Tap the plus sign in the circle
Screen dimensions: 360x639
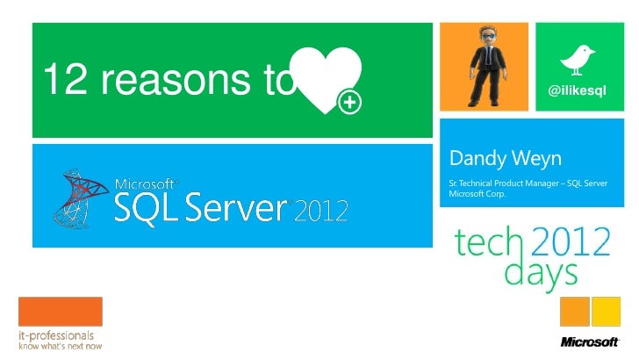pos(350,104)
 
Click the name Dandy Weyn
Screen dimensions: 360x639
pos(505,159)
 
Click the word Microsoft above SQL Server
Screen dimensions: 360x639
pos(147,184)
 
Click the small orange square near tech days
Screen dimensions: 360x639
pos(574,311)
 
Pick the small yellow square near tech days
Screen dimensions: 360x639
pos(606,311)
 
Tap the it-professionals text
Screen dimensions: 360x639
pos(57,335)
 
